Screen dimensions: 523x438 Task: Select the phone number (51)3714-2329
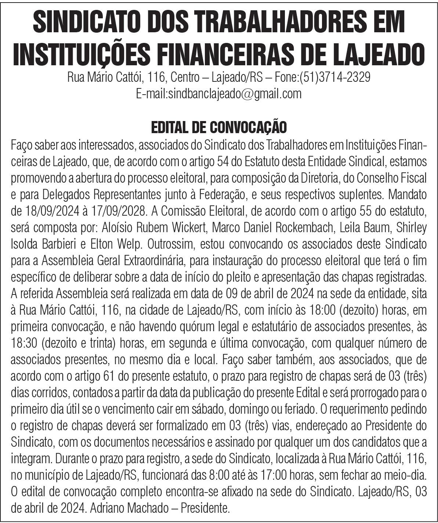point(335,78)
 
